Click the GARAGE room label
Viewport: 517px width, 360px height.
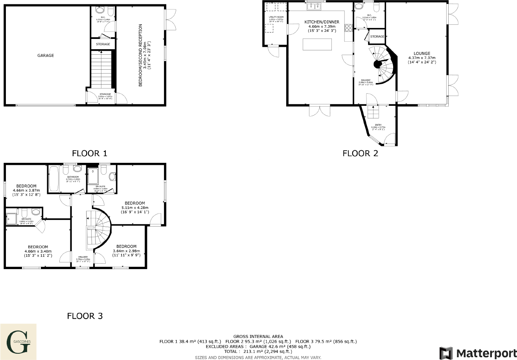[46, 55]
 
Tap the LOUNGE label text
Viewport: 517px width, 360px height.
[421, 54]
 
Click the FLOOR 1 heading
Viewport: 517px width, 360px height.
[90, 153]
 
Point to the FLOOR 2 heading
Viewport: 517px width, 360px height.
[360, 153]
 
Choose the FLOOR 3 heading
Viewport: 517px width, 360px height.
[85, 316]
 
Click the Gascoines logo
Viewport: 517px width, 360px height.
[18, 342]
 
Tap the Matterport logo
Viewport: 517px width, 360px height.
[477, 353]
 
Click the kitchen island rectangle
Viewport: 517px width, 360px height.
[317, 44]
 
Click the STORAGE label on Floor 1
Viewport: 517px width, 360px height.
[103, 44]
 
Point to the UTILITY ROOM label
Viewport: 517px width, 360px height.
[276, 17]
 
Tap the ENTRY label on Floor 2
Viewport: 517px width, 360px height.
[378, 125]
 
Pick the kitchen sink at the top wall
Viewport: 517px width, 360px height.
[315, 6]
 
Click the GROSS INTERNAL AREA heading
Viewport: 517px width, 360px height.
[258, 336]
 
